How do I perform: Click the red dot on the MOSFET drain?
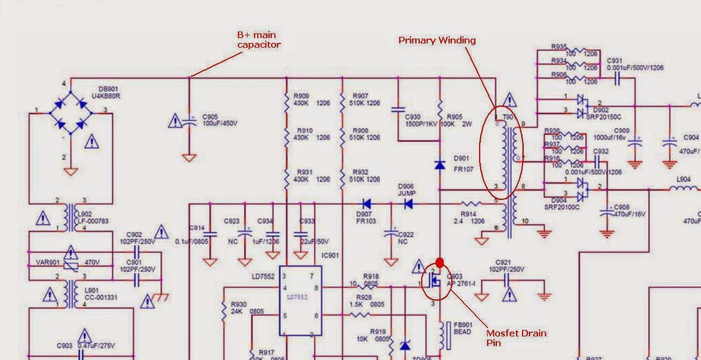coord(439,262)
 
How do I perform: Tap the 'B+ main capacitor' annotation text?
coord(259,40)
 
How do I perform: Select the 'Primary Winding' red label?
coord(437,40)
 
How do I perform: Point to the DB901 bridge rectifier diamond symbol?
coord(70,112)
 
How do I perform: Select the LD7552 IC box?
coord(300,301)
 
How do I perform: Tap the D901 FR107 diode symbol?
coord(439,165)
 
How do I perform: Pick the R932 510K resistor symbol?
coord(342,176)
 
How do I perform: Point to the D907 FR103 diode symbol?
coord(367,204)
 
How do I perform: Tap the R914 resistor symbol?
coord(470,204)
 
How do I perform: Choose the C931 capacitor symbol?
coord(616,79)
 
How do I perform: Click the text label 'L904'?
coord(683,180)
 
